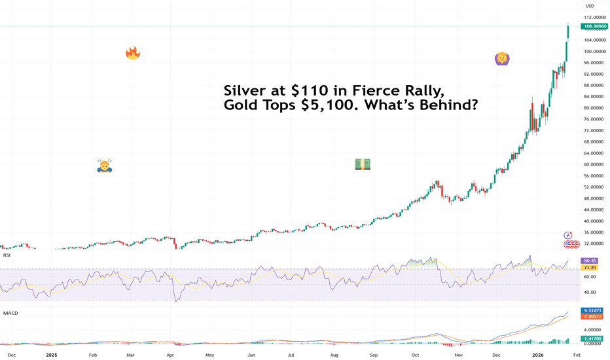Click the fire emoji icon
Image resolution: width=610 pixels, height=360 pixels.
pos(133,53)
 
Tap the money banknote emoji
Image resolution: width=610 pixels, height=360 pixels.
pos(363,164)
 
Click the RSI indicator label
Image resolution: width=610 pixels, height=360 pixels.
pos(7,255)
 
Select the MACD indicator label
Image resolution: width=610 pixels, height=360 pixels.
pos(10,313)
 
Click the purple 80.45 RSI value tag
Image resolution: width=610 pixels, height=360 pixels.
pos(590,261)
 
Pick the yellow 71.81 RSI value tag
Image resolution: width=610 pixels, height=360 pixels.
pos(590,268)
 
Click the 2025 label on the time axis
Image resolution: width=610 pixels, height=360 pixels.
pos(52,354)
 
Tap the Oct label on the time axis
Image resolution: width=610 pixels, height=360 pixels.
pos(415,354)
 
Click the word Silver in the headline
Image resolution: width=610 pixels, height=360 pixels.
pos(247,90)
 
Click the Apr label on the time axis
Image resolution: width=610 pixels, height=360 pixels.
pos(170,354)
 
